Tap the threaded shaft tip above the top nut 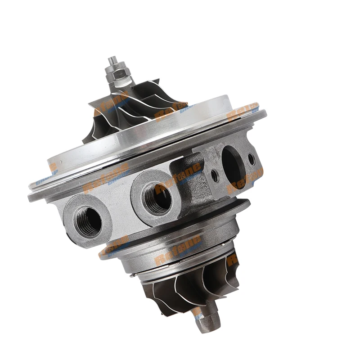[112, 60]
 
